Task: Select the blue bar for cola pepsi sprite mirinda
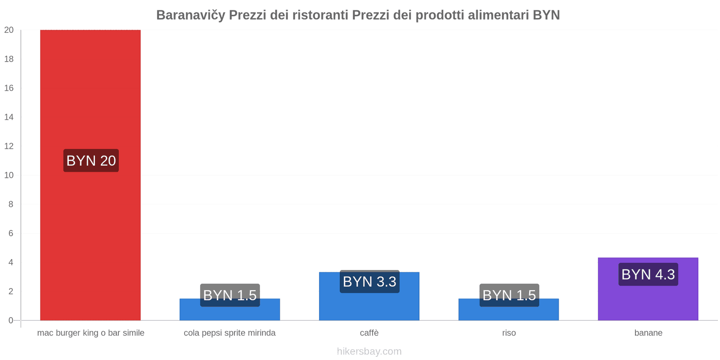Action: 229,313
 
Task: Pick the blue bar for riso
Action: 508,313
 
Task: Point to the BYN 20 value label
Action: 91,161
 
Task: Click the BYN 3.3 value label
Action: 369,282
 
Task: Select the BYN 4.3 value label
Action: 648,274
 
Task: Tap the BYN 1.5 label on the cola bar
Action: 230,295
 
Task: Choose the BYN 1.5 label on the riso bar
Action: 509,295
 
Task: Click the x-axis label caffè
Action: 369,333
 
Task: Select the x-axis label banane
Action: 648,333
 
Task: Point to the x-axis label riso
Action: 509,333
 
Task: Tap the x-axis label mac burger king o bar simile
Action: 90,333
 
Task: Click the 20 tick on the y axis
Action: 9,30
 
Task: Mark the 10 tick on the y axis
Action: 9,175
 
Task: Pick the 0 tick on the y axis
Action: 11,320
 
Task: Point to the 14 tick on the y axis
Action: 9,117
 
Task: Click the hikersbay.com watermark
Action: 369,351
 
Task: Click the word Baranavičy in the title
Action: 190,15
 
